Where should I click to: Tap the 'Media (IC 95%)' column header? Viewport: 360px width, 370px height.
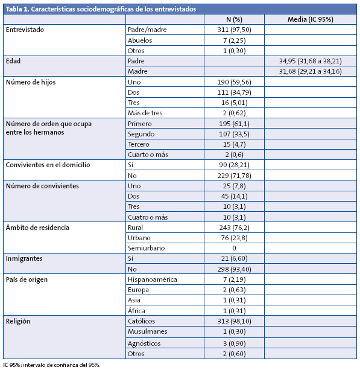(311, 19)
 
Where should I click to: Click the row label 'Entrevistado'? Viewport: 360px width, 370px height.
(25, 30)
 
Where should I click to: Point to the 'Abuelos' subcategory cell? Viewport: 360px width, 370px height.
(140, 40)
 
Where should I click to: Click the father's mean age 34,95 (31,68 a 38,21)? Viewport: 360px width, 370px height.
(311, 61)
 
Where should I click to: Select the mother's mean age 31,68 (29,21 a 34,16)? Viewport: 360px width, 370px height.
(311, 71)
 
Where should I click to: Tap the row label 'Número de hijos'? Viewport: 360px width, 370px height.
(30, 82)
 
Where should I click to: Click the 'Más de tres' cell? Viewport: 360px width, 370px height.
(145, 113)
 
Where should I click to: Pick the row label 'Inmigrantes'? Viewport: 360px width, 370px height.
(24, 258)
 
